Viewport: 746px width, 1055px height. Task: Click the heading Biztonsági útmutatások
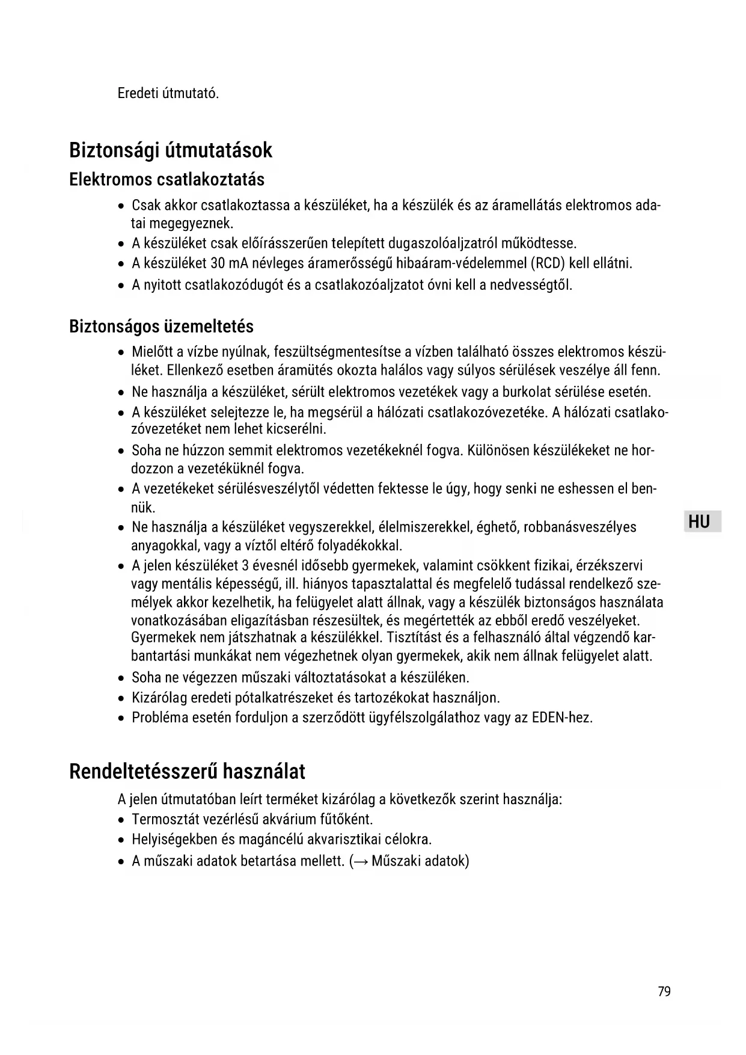coord(171,150)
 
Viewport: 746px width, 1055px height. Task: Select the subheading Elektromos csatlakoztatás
coord(167,179)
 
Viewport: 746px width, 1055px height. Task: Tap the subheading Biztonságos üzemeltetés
coord(161,327)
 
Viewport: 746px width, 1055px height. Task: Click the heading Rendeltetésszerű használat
coord(187,771)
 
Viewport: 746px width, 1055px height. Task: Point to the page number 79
coord(664,991)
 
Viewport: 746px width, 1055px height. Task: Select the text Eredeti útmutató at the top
coord(168,94)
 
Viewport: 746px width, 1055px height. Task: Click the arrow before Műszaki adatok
coord(361,861)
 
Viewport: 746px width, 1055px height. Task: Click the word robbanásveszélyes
coord(579,527)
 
